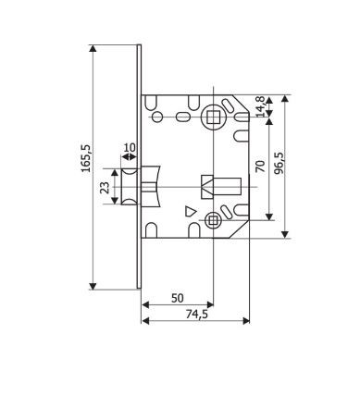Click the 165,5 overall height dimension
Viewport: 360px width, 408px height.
(x=86, y=158)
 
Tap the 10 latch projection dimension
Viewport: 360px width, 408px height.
(x=129, y=148)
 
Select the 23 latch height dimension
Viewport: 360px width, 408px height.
(x=106, y=187)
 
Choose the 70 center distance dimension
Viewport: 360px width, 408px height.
(x=261, y=167)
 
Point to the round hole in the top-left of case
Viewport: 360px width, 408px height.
(x=157, y=117)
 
